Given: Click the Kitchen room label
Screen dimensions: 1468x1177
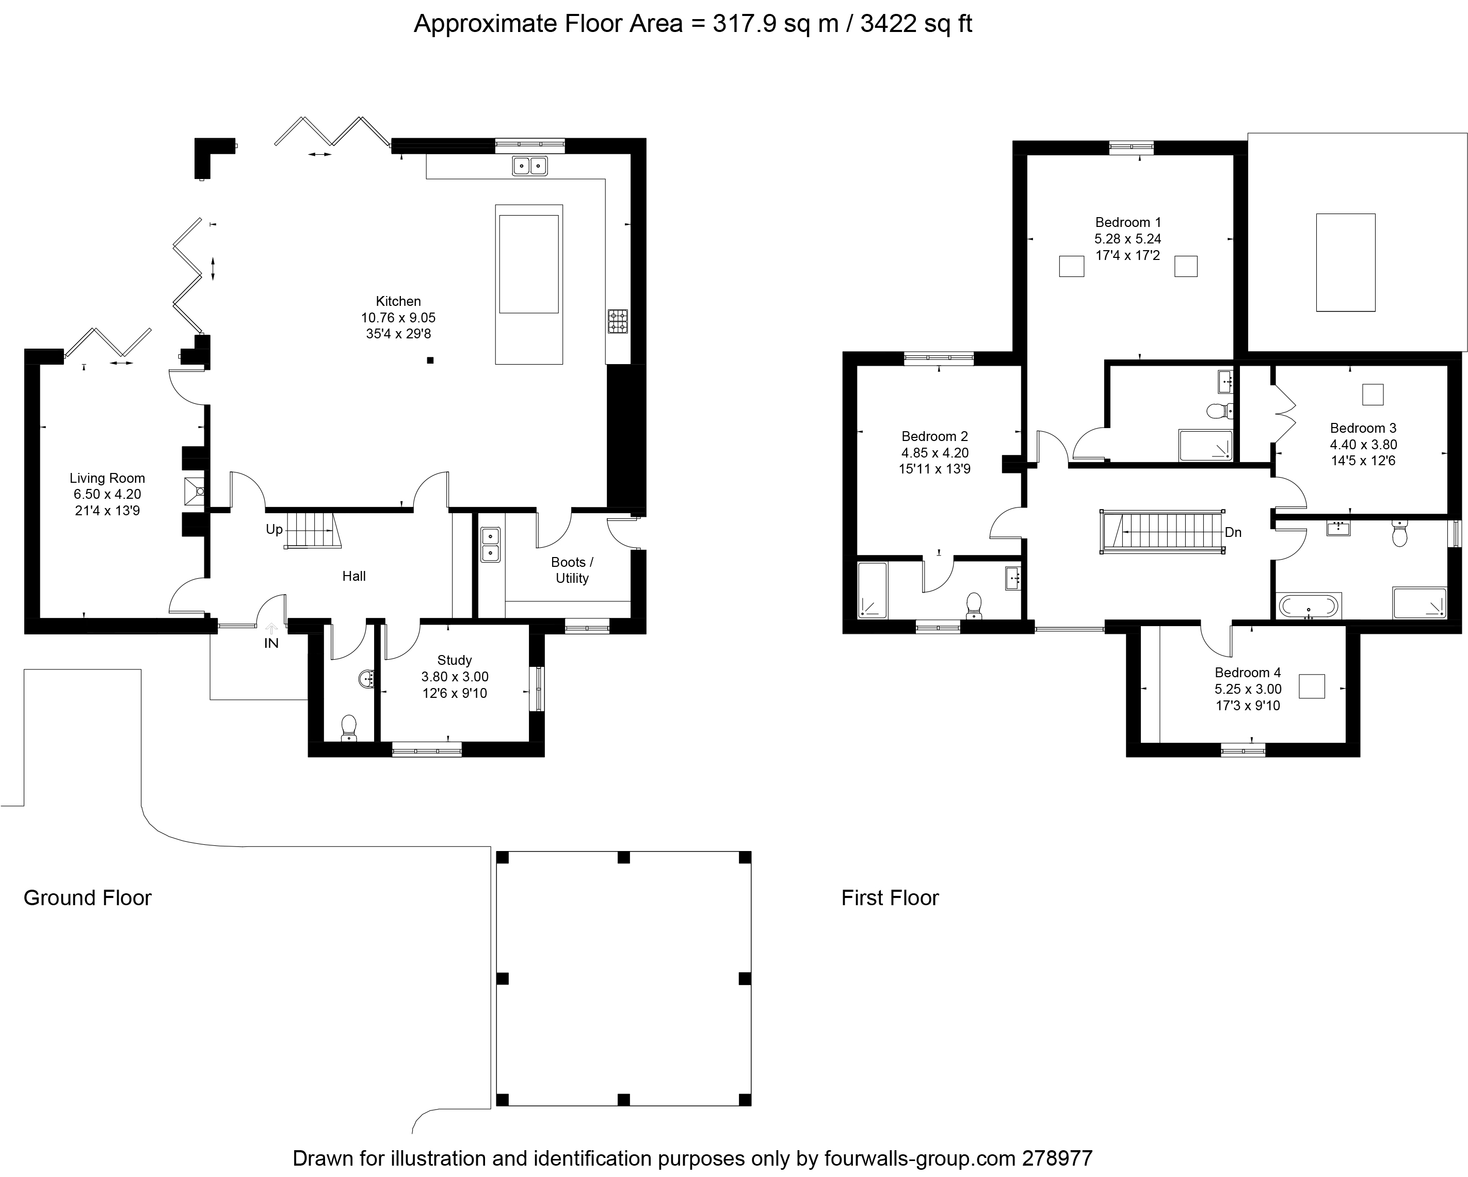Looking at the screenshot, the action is click(x=398, y=301).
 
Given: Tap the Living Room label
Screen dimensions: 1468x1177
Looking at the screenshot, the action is click(x=107, y=478).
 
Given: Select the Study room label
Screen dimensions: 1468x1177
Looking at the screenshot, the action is click(x=454, y=660).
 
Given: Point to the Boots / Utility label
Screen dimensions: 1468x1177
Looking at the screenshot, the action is click(x=572, y=570).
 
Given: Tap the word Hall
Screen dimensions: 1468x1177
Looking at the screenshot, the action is click(x=354, y=577).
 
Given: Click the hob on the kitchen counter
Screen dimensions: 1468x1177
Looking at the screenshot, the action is click(x=618, y=321).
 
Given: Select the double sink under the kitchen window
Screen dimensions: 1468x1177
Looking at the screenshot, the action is click(x=530, y=166).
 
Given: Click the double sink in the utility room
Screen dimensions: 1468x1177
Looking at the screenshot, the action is click(x=490, y=545).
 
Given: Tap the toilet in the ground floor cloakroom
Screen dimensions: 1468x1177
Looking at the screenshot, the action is click(x=349, y=728).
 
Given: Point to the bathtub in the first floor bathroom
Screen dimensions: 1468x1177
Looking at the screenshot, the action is click(x=1308, y=605).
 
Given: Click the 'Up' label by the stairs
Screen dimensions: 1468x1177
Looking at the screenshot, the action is click(x=275, y=529).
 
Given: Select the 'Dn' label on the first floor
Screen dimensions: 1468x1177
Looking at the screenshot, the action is click(x=1233, y=532).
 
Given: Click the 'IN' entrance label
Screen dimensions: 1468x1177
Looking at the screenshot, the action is click(x=271, y=643).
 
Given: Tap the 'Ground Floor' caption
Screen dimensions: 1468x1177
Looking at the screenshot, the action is click(x=87, y=898).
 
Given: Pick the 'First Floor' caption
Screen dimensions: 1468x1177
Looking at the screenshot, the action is click(x=890, y=898).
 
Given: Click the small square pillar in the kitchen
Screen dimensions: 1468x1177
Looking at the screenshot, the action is click(x=430, y=360).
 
